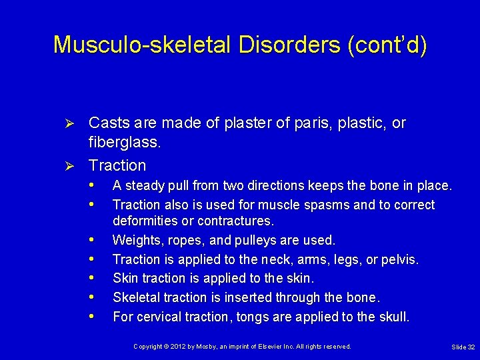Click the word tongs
[x=257, y=317]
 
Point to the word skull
[x=393, y=317]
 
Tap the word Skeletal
[x=137, y=297]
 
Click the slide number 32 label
[x=463, y=347]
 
